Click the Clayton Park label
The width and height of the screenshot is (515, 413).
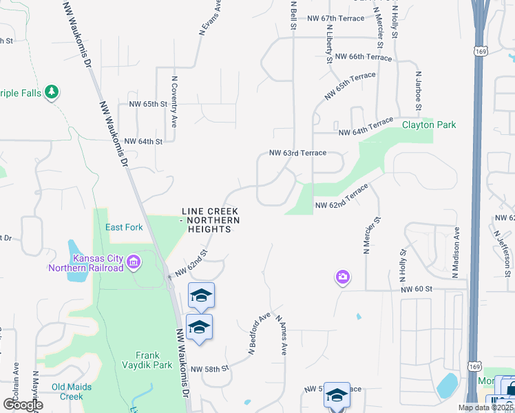(429, 125)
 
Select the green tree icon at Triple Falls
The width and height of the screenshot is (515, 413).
(51, 92)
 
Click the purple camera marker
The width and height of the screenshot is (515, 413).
(343, 277)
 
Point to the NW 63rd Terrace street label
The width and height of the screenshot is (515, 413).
(297, 153)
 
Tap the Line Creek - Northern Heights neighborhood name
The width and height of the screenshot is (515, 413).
(210, 220)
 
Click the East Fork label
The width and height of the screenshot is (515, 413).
(124, 227)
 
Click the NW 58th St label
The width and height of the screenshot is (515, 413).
(209, 369)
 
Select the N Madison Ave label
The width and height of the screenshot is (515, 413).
(455, 253)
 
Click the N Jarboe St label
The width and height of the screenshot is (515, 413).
(418, 89)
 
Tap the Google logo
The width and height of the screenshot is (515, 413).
(23, 405)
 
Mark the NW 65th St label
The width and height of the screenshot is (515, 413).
(148, 105)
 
